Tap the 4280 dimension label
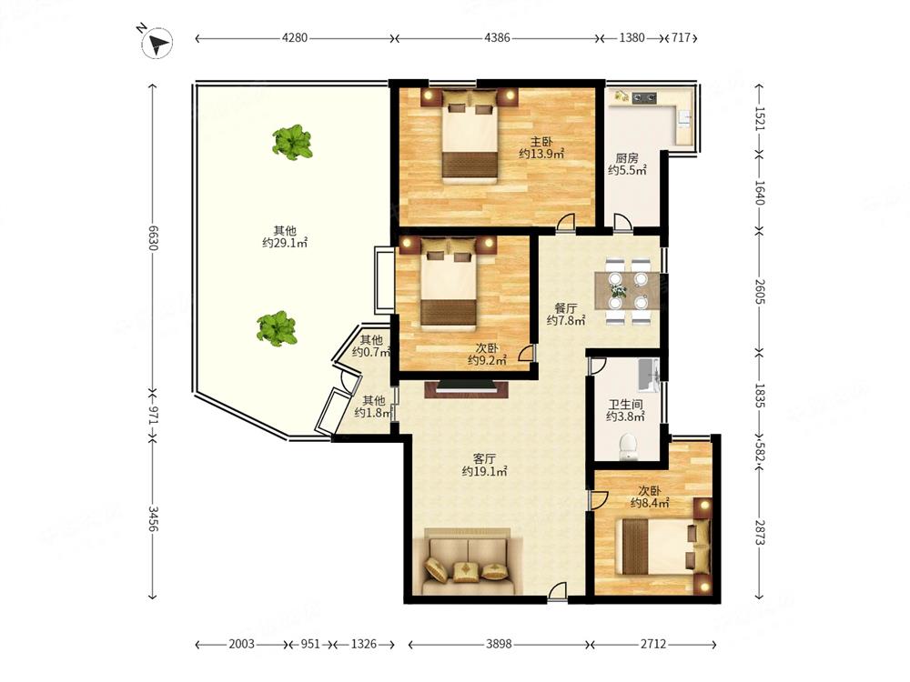coord(294,38)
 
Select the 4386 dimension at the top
coord(497,38)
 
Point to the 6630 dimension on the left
coord(153,237)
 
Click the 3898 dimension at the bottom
coord(499,644)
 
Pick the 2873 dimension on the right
coord(759,530)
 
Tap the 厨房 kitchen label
coord(627,157)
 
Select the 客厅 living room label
coord(485,458)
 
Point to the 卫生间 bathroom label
coord(626,405)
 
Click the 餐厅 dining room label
coord(566,308)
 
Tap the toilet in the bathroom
coord(629,446)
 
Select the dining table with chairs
coord(627,291)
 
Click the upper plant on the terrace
coord(292,142)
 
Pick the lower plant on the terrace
coord(278,328)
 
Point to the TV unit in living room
coord(467,388)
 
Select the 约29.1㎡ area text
coord(284,243)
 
